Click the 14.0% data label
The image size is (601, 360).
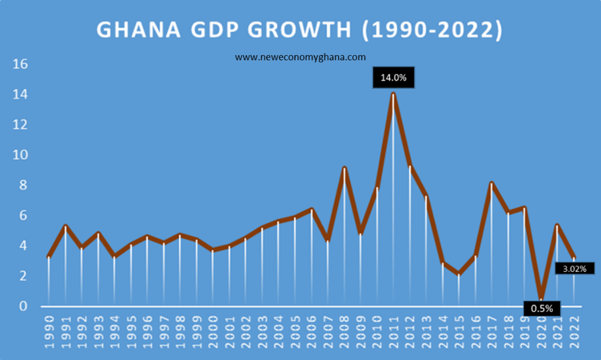click(x=393, y=78)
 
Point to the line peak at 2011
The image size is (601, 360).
click(x=393, y=94)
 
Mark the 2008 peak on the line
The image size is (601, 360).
click(x=345, y=168)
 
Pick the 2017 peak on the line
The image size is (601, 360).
click(x=491, y=183)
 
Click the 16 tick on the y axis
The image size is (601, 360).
click(x=21, y=64)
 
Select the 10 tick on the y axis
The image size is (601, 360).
click(x=21, y=155)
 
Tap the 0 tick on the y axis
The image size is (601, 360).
click(x=24, y=306)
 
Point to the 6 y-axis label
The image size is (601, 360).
click(x=24, y=216)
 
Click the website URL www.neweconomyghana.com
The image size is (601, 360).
click(x=300, y=57)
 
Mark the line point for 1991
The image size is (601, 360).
click(x=66, y=226)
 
